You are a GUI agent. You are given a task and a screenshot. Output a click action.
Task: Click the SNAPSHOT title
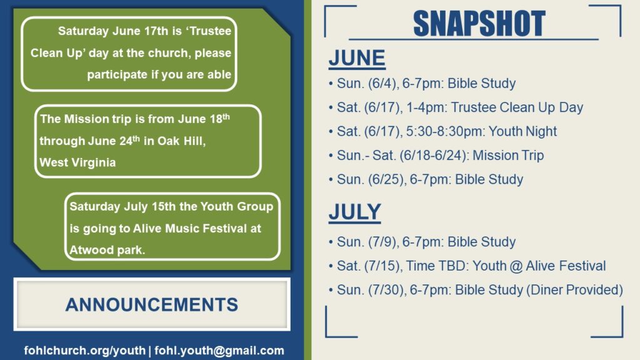click(x=479, y=23)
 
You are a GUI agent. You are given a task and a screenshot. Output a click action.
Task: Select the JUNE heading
click(x=357, y=58)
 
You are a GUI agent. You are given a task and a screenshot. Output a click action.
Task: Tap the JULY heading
click(x=355, y=212)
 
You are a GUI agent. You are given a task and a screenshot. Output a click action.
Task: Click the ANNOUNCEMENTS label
click(x=152, y=305)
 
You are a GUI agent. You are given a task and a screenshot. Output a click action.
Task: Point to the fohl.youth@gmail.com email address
click(x=219, y=351)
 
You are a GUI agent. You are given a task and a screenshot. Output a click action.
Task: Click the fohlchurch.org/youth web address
click(x=85, y=351)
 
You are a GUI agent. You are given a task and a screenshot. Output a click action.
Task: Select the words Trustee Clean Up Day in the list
click(x=517, y=107)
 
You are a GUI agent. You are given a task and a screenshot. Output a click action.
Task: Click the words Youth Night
click(x=522, y=131)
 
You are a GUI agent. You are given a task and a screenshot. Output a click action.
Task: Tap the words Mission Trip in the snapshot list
click(x=508, y=156)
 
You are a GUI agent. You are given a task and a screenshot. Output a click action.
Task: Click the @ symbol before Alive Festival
click(x=516, y=266)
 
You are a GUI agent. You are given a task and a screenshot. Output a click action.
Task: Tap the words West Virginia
click(x=77, y=162)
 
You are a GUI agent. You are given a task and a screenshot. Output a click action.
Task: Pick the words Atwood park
click(x=106, y=250)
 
